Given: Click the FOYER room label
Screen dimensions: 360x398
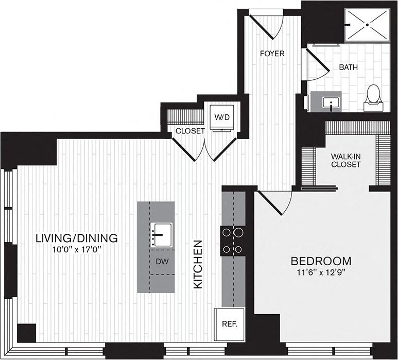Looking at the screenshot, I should pos(272,54).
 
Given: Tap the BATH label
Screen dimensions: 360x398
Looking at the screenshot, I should pos(348,67).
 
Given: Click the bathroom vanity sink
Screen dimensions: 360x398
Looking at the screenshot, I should pos(330,102).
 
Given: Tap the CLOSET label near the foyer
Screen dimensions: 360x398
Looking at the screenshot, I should pos(190,131).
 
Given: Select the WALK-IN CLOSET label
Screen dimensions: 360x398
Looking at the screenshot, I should pos(346,159).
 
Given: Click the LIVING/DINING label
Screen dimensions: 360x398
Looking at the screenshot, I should pos(77,238).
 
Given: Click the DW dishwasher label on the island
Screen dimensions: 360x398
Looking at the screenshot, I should pos(161,261).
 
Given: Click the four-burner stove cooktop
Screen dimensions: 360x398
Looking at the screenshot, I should pos(232,241).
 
